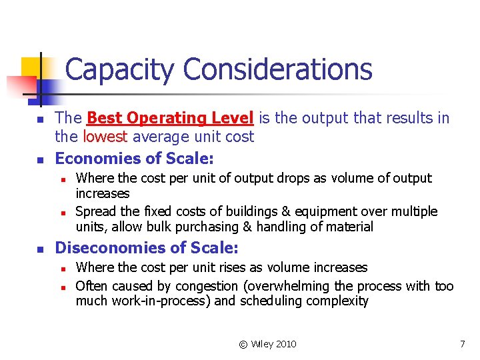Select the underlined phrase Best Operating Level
click(x=170, y=119)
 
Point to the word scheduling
click(x=270, y=301)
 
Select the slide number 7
click(x=462, y=344)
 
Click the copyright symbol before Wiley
click(x=243, y=344)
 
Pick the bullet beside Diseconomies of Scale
click(x=39, y=249)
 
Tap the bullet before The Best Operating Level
click(x=39, y=119)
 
